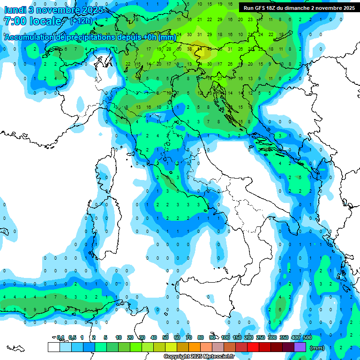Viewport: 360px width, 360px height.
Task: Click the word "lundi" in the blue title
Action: [15, 9]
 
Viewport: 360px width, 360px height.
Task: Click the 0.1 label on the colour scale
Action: [60, 337]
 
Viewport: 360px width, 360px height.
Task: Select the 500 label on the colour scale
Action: [307, 337]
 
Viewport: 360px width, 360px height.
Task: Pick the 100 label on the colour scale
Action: [225, 337]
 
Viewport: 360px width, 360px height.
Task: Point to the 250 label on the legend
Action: [261, 337]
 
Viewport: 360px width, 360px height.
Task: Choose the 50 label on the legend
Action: [165, 337]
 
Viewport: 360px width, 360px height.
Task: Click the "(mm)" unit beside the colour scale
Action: [317, 348]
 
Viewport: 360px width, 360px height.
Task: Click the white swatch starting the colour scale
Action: [54, 347]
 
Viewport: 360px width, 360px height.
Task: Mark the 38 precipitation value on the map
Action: [189, 49]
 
